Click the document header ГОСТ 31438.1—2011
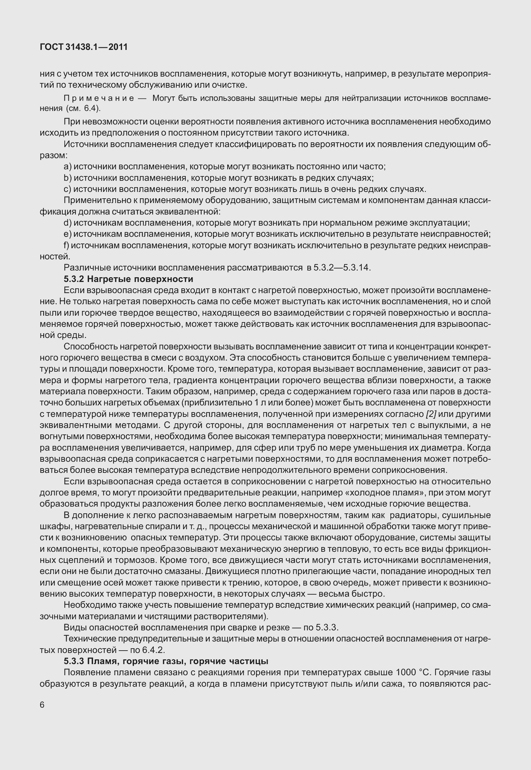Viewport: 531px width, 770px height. coord(84,47)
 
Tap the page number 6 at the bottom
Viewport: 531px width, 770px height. coord(42,705)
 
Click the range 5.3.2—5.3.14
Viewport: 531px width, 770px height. coord(342,268)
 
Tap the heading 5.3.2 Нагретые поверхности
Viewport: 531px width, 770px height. coord(128,279)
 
